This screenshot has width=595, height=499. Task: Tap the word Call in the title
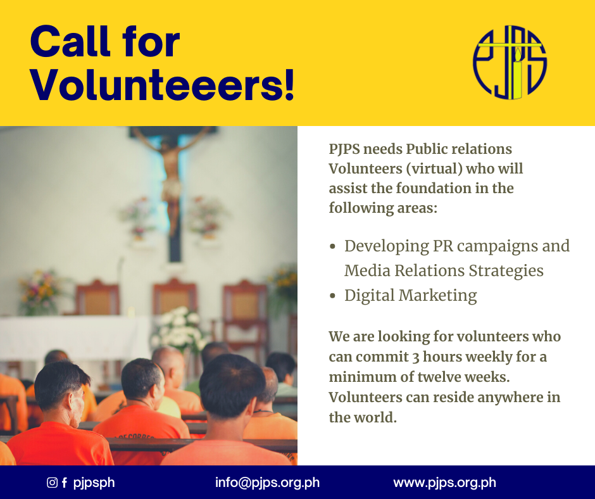(70, 41)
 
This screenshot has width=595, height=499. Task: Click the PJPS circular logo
(510, 62)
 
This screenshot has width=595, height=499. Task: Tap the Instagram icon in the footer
(52, 483)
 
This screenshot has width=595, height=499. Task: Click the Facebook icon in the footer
(65, 483)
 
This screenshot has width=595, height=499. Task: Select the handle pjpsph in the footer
(94, 483)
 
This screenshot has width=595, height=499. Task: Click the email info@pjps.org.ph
(267, 483)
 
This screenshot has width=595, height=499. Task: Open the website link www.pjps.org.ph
(445, 483)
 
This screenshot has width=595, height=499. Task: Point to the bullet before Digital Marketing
(333, 296)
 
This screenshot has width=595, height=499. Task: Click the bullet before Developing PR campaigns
(333, 246)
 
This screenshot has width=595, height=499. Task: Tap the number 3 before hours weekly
(415, 357)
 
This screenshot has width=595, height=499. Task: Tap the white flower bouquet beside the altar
(179, 329)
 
